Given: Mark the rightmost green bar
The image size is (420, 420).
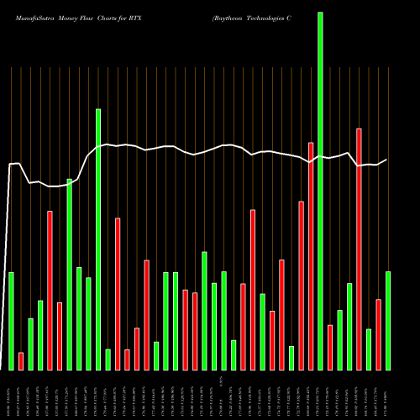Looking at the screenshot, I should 388,320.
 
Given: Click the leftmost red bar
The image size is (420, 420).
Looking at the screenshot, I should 21,361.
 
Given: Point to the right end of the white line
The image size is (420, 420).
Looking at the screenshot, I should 386,160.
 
